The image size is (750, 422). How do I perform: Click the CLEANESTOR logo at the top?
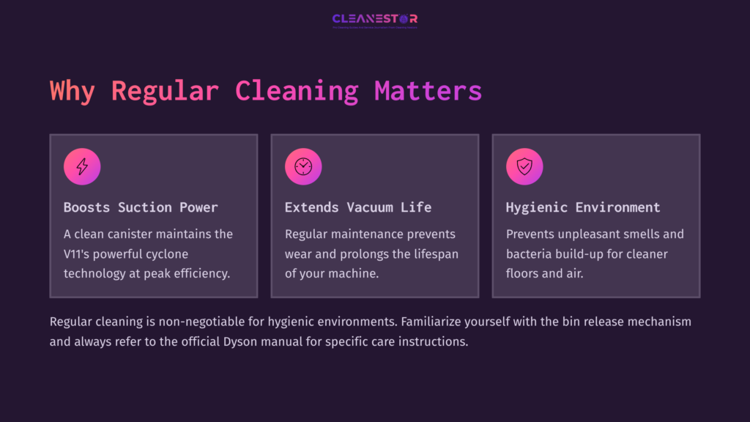pyautogui.click(x=375, y=19)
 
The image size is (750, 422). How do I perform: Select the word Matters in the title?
pyautogui.click(x=428, y=91)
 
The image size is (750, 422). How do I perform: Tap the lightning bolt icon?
pyautogui.click(x=82, y=167)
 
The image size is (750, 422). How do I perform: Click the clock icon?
pyautogui.click(x=303, y=167)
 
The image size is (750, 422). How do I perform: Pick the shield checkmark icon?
pyautogui.click(x=524, y=167)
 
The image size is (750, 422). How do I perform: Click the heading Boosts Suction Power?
pyautogui.click(x=141, y=207)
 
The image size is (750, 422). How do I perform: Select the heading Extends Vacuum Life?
pyautogui.click(x=357, y=207)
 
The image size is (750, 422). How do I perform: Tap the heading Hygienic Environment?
pyautogui.click(x=583, y=207)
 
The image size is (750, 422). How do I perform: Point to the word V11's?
pyautogui.click(x=81, y=254)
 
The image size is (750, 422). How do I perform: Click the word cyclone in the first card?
pyautogui.click(x=166, y=254)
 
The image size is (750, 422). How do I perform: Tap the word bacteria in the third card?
pyautogui.click(x=531, y=254)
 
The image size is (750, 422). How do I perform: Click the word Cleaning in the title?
pyautogui.click(x=296, y=91)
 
